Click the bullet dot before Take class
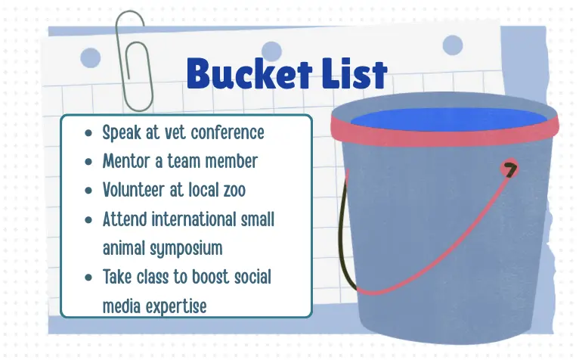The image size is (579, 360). pyautogui.click(x=89, y=277)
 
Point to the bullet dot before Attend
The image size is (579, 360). pyautogui.click(x=89, y=220)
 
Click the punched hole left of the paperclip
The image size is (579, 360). pyautogui.click(x=90, y=57)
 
